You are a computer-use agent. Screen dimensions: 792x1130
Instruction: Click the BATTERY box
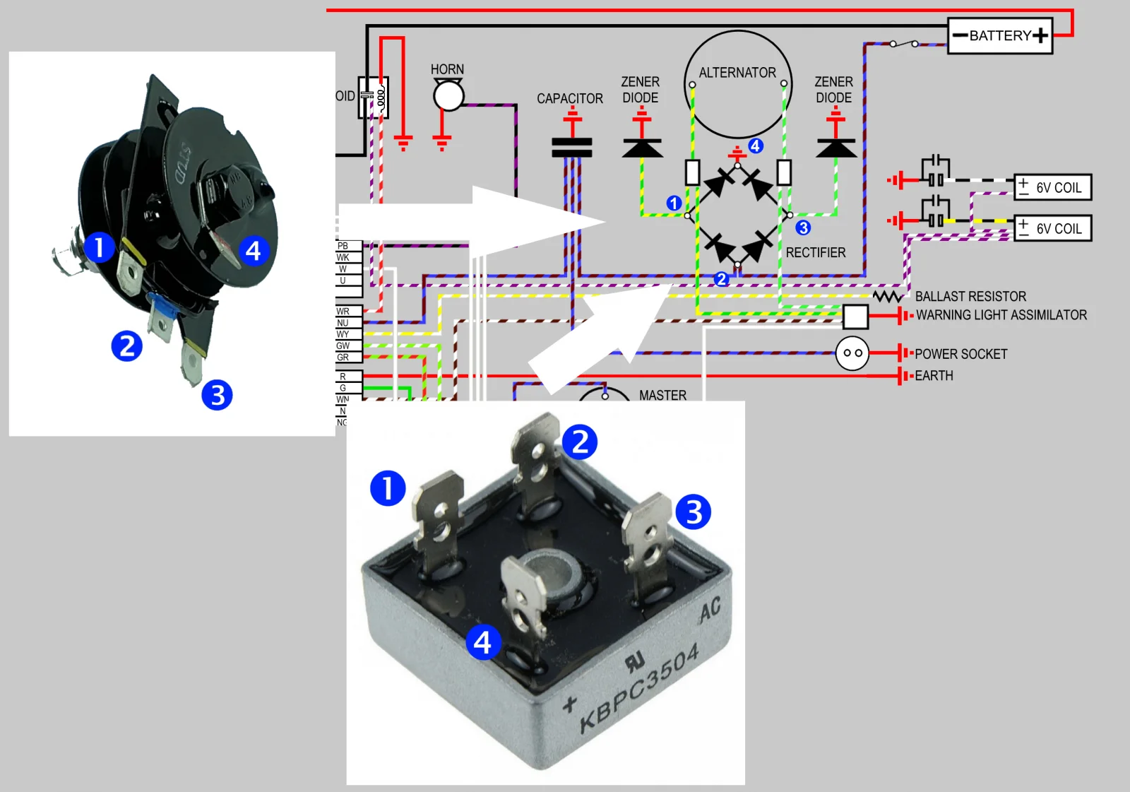click(1000, 36)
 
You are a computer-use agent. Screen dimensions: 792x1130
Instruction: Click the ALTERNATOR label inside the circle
click(737, 73)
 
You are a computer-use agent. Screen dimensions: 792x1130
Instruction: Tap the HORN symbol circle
click(448, 96)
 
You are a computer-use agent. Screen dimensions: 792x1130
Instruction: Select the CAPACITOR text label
click(570, 99)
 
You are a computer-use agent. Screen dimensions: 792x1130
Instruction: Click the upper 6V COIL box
click(1053, 187)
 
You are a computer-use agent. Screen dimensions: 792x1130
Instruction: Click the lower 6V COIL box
click(1053, 228)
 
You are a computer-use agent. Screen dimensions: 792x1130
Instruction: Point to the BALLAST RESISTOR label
click(970, 297)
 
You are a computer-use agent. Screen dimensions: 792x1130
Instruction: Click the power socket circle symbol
click(852, 353)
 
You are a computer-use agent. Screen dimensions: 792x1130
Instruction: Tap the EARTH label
click(934, 376)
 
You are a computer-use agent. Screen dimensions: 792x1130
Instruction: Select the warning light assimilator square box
click(855, 317)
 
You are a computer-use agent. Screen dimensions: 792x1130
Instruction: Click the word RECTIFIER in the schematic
click(816, 253)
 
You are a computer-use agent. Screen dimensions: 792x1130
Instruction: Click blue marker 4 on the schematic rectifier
click(756, 146)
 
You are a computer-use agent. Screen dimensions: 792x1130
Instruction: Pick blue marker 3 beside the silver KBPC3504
click(694, 512)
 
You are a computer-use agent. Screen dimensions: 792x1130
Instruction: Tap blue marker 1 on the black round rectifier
click(99, 247)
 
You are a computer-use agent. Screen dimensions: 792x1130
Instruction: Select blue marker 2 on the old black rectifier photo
click(127, 346)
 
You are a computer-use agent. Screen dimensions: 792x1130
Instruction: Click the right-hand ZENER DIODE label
click(833, 90)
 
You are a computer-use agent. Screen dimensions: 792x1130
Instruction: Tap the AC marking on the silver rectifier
click(710, 609)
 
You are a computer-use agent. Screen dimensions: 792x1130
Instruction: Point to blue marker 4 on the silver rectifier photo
click(483, 642)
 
